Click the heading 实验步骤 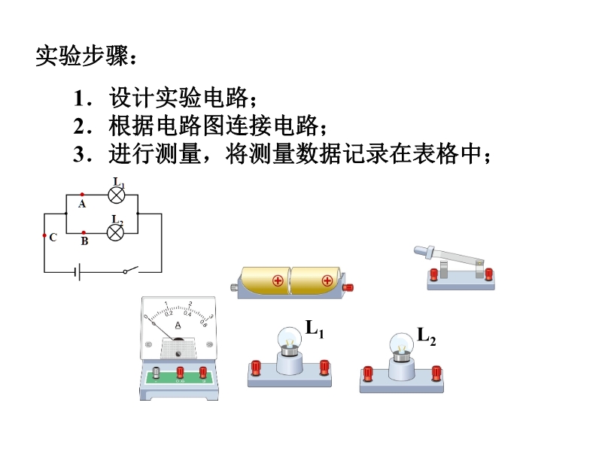[86, 56]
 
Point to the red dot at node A [82, 195]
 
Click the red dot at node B [83, 232]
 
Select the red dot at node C [44, 235]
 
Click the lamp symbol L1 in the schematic [116, 195]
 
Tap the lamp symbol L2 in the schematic [116, 232]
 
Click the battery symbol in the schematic [77, 271]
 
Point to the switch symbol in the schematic [132, 270]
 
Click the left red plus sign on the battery [278, 281]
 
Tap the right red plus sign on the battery [327, 281]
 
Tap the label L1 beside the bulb [315, 328]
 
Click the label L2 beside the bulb [427, 337]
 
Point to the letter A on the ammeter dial [178, 325]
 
